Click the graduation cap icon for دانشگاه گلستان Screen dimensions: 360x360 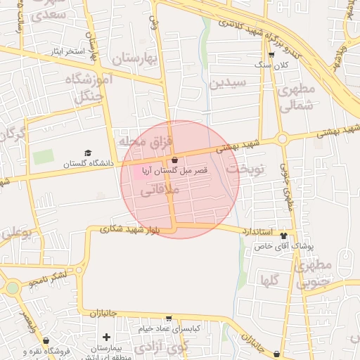click(88, 153)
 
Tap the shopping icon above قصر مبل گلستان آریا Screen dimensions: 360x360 click(174, 161)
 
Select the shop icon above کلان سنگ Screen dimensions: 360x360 click(271, 55)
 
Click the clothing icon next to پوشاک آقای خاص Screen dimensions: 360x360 click(283, 236)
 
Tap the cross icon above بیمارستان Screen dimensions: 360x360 click(105, 337)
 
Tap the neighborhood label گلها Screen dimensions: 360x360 click(270, 281)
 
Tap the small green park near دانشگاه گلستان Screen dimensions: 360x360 click(43, 157)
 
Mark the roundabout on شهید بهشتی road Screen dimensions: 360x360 click(282, 139)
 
